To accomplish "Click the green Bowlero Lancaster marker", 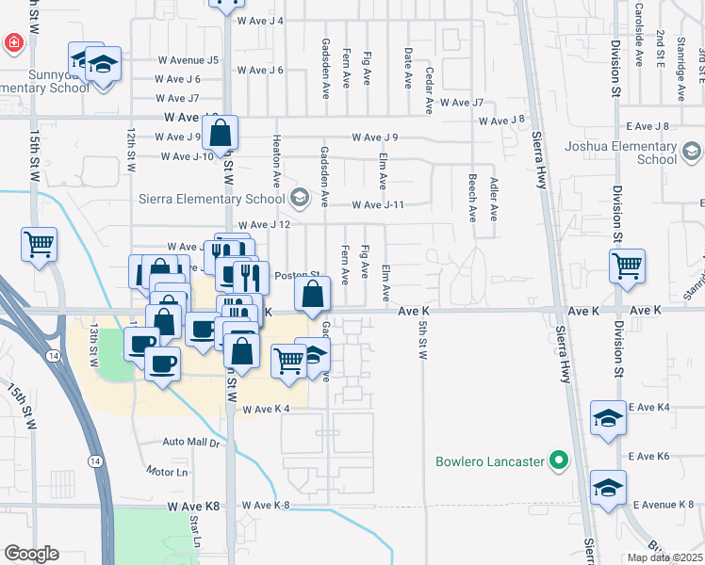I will click(x=559, y=461).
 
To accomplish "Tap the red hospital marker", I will click(x=14, y=42).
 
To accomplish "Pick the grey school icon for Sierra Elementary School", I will click(x=300, y=198).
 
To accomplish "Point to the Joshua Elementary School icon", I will click(x=692, y=152).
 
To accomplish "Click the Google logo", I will click(x=31, y=554).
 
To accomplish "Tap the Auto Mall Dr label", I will click(x=190, y=442).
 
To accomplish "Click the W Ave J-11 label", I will click(x=378, y=205).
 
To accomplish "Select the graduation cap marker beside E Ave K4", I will click(x=608, y=418).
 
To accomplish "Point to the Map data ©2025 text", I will click(x=664, y=557).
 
